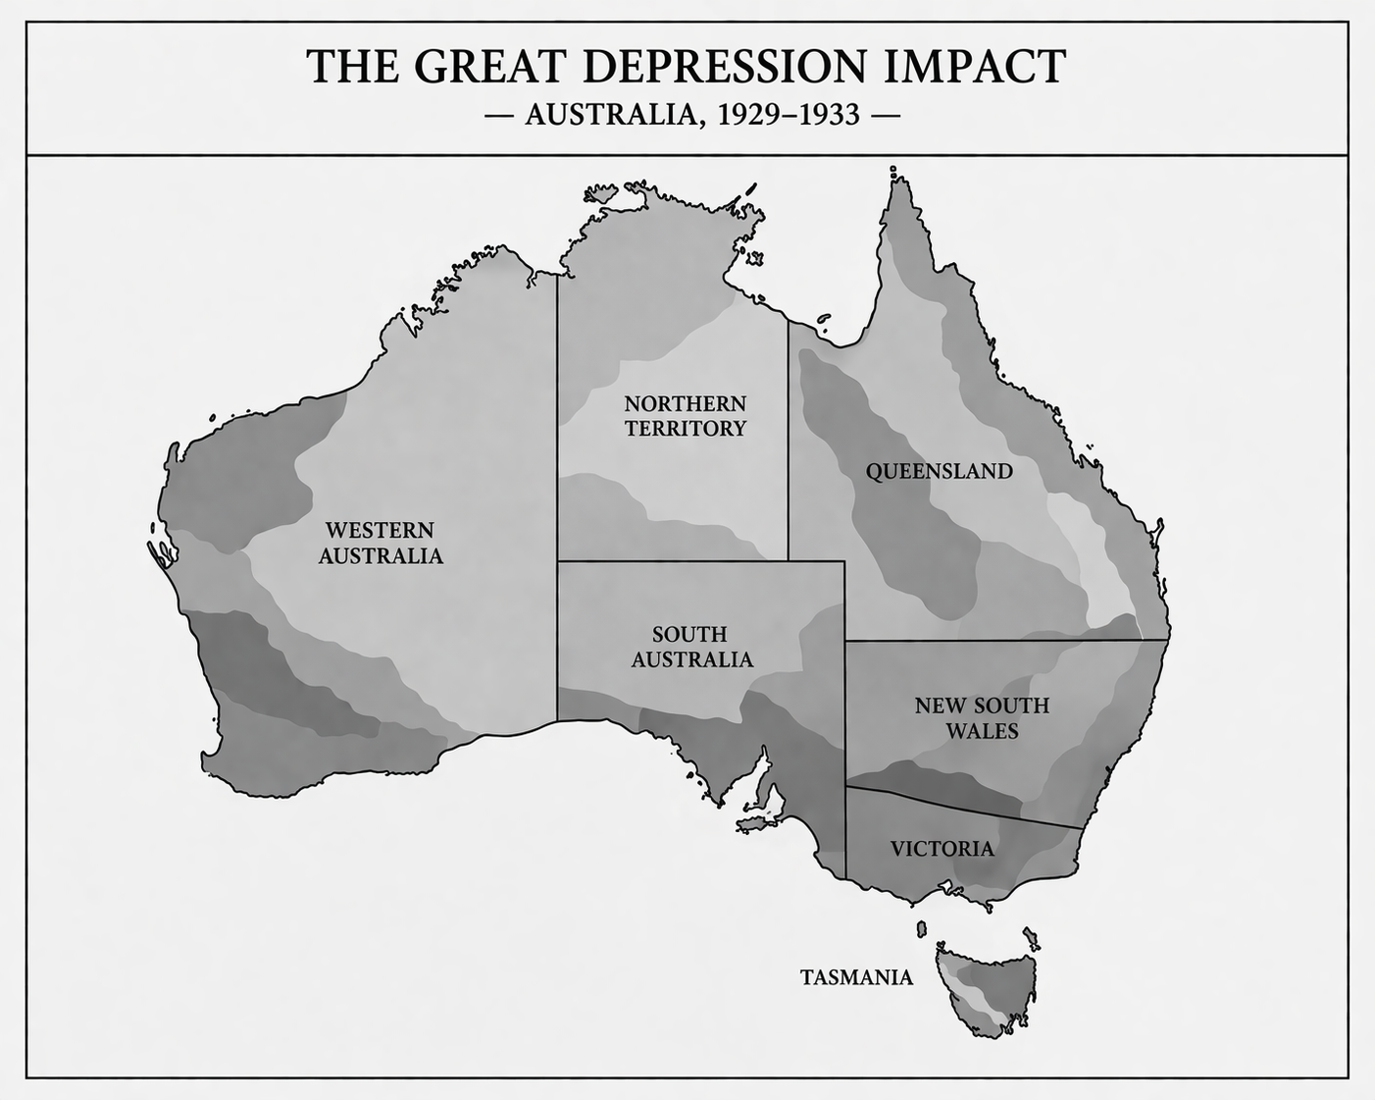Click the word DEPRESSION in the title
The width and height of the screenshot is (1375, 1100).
(725, 67)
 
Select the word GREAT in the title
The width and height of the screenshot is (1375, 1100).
(490, 67)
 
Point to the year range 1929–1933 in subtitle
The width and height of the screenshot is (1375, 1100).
(789, 116)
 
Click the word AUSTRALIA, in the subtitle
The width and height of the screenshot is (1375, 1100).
(615, 116)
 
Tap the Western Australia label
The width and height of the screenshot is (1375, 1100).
(380, 543)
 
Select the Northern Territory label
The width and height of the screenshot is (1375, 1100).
(685, 416)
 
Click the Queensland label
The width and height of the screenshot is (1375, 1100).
(939, 472)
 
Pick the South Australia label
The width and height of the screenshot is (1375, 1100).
(691, 647)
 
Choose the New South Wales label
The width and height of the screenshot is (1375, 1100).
(981, 718)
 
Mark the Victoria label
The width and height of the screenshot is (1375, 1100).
(942, 849)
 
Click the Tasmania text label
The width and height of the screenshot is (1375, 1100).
(856, 977)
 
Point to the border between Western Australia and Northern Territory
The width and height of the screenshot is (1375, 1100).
(557, 412)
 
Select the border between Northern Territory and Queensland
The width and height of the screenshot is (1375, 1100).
(788, 442)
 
